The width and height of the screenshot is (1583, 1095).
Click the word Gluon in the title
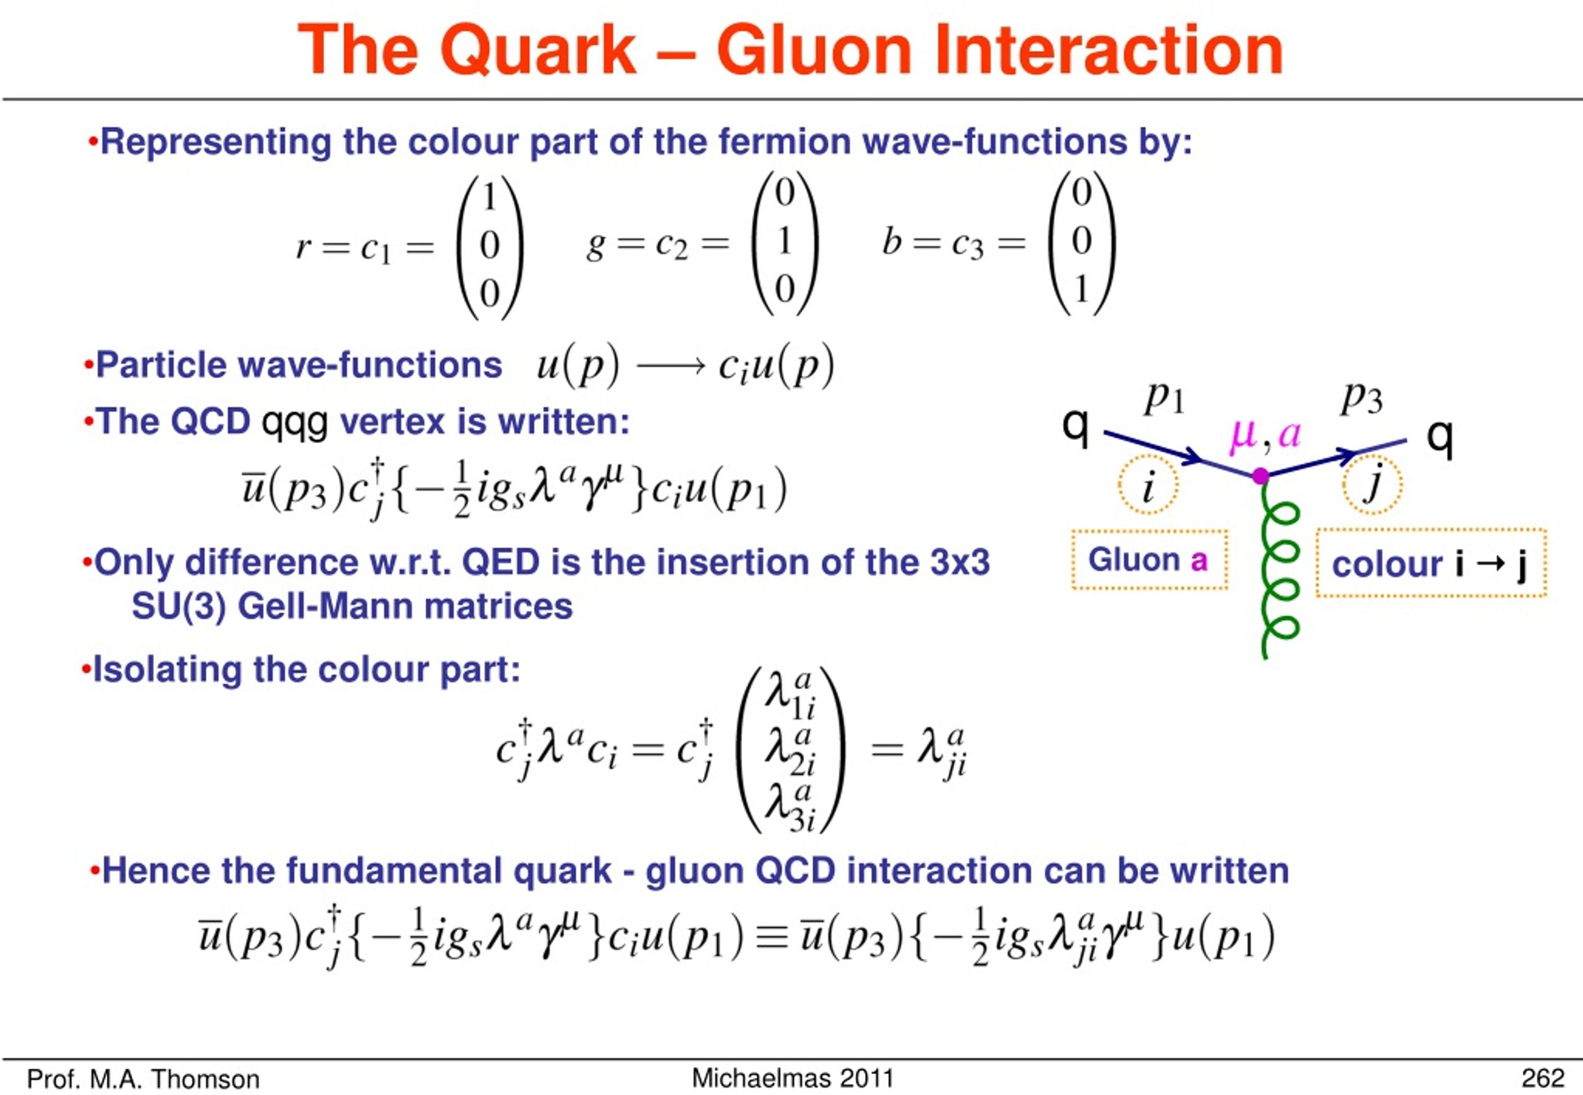tap(814, 50)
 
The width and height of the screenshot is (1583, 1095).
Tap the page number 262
tap(1543, 1078)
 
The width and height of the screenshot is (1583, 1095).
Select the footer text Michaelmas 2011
tap(792, 1078)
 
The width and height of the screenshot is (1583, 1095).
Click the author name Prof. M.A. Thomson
tap(143, 1079)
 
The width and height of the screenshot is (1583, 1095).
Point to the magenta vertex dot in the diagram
tap(1260, 475)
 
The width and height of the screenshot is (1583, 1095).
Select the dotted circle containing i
tap(1148, 484)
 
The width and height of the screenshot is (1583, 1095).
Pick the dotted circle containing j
tap(1372, 484)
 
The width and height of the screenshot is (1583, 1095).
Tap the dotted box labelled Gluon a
tap(1150, 559)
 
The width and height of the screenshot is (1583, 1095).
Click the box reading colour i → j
tap(1432, 562)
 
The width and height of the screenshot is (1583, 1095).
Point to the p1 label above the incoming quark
tap(1164, 398)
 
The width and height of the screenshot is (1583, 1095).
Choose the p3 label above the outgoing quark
tap(1362, 398)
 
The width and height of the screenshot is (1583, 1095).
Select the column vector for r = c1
tap(490, 247)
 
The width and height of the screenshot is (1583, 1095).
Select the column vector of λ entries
tap(790, 750)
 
